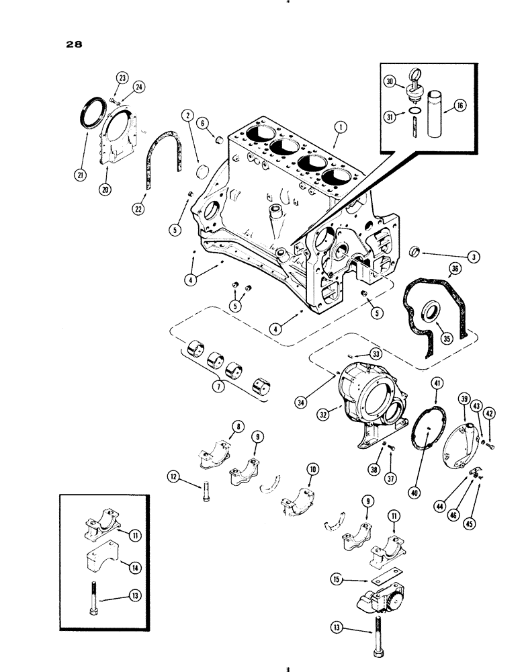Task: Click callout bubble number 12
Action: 175,478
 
